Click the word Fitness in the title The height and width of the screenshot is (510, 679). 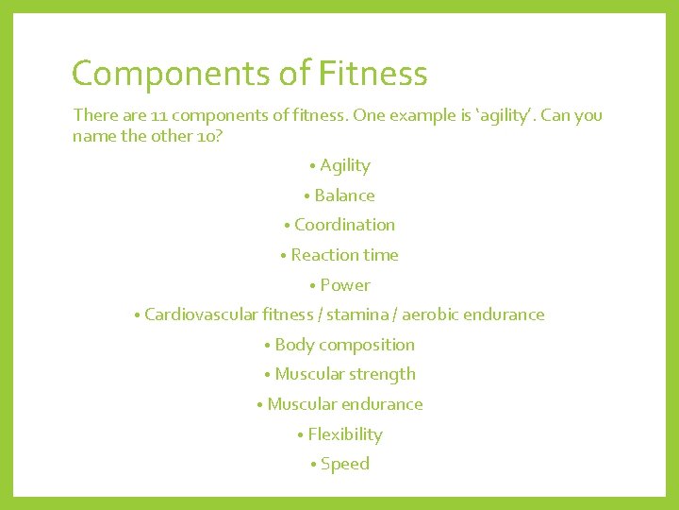coord(373,74)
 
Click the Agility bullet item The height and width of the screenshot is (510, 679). coord(344,165)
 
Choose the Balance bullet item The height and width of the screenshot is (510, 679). coord(344,195)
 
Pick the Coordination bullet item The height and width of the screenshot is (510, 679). coord(344,225)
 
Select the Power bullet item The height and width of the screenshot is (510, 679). coord(345,285)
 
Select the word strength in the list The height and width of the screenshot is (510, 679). coord(383,374)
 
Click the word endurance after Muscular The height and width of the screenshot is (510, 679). coord(383,404)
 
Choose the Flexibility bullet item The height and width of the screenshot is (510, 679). coord(345,434)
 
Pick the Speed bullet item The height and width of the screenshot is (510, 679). coord(345,464)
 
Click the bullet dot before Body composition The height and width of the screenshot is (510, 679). coord(268,346)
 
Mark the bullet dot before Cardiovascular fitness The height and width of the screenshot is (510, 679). coord(138,315)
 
